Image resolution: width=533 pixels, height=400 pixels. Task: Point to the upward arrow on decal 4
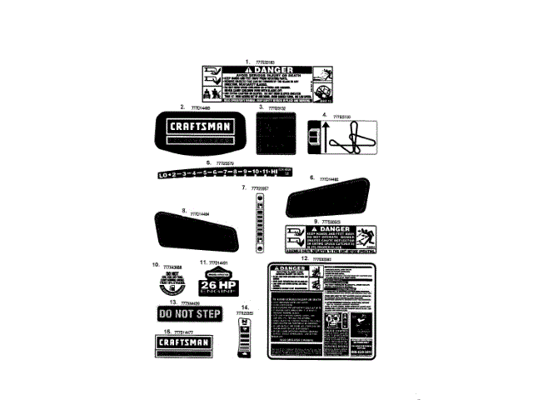(314, 132)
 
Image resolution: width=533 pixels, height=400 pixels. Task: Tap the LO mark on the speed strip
(164, 173)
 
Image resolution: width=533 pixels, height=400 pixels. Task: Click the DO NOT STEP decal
(189, 313)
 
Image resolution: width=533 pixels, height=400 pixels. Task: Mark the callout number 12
(305, 257)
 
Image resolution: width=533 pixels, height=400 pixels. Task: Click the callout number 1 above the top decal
(247, 61)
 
